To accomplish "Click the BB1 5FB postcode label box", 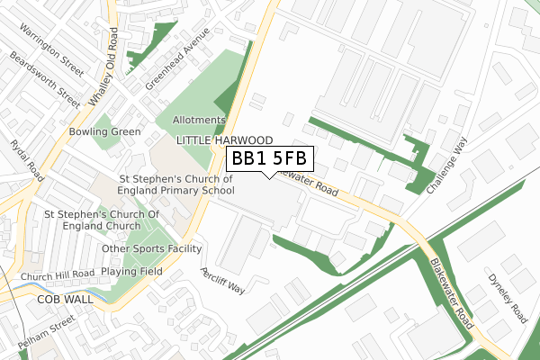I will (270, 159).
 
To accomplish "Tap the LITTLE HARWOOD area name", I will (224, 140).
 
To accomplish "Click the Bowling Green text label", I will (104, 132).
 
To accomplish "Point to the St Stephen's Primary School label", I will (175, 184).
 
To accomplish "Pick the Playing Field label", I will (130, 270).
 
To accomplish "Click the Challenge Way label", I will (447, 167).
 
